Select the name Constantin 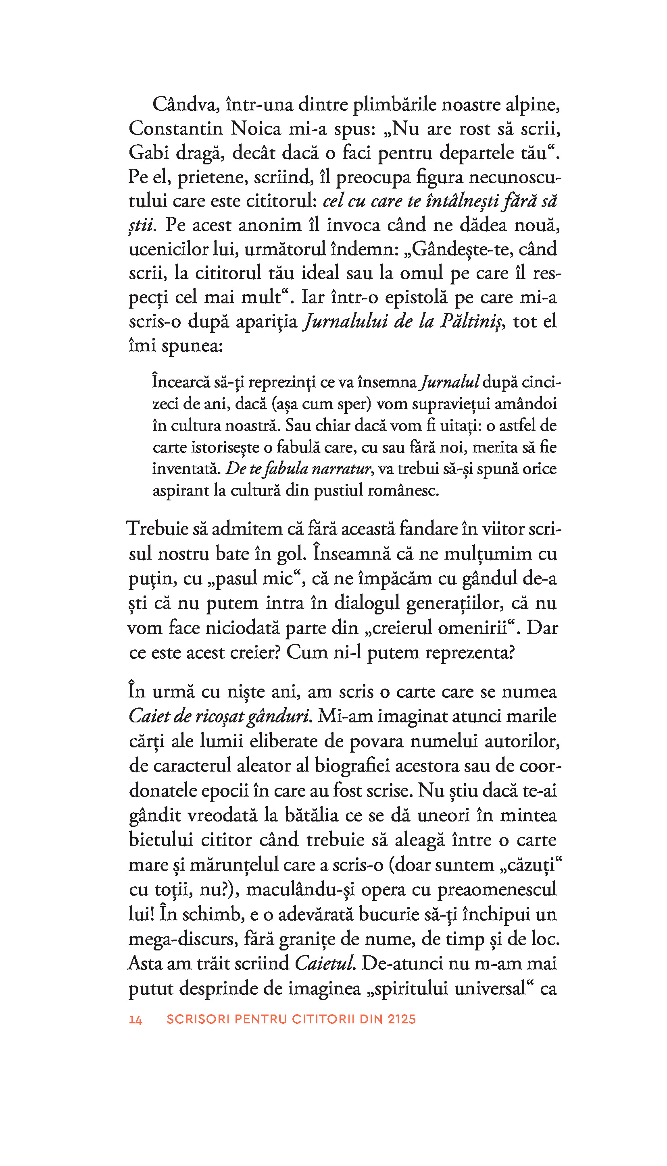tap(175, 129)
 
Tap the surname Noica tap(255, 129)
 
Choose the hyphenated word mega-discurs tap(183, 939)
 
